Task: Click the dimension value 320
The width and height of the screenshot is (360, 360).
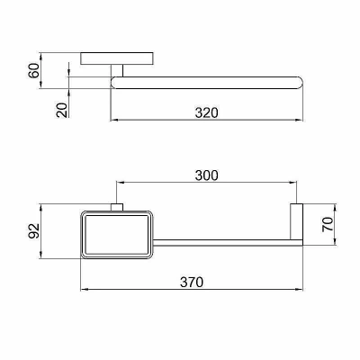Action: pos(207,112)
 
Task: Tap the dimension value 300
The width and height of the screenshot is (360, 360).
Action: pos(207,175)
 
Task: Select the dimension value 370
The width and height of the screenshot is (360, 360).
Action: pos(192,283)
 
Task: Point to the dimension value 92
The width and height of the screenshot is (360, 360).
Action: pos(34,231)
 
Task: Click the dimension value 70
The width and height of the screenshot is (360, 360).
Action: pos(328,224)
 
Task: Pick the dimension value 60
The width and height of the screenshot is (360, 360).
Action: pos(34,70)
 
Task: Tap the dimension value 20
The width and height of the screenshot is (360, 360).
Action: pos(62,110)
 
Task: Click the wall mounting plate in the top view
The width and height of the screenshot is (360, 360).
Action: pos(117,58)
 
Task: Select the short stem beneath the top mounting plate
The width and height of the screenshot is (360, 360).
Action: pos(117,70)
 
